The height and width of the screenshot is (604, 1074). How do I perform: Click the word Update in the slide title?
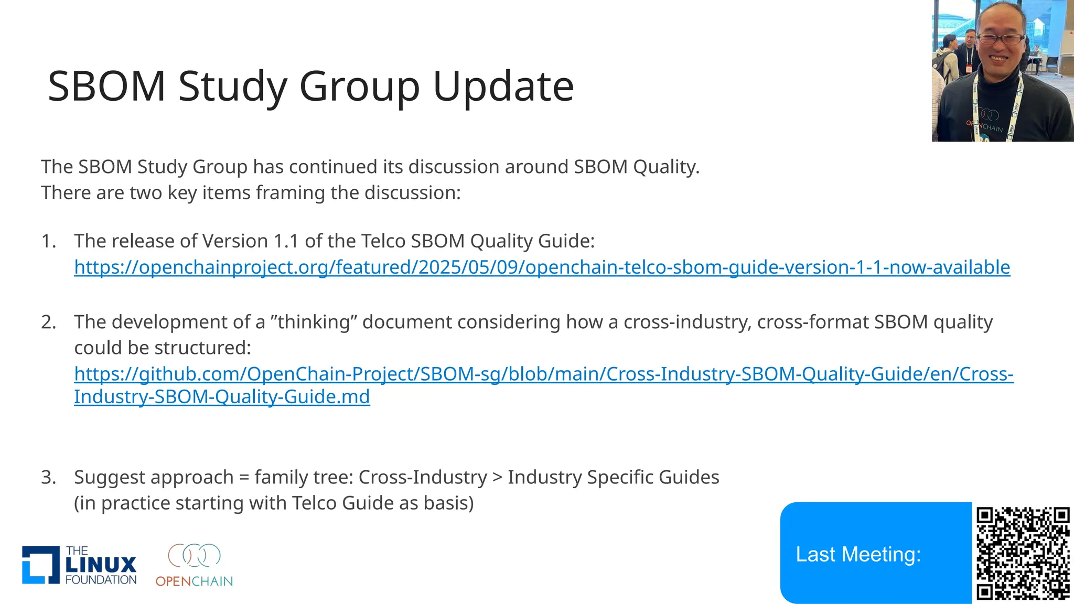click(x=503, y=87)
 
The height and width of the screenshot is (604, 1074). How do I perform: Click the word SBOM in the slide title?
click(x=107, y=87)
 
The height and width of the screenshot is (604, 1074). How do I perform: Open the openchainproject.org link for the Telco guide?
click(x=542, y=267)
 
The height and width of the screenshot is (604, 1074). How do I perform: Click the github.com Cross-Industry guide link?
click(x=543, y=374)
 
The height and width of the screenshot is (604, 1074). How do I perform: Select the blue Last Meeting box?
click(x=875, y=553)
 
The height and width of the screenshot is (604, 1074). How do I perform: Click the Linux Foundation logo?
click(x=79, y=565)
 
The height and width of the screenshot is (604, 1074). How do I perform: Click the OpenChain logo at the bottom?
click(x=194, y=565)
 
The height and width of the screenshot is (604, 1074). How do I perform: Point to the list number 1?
click(x=48, y=241)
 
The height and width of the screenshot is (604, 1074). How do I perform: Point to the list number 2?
click(x=48, y=322)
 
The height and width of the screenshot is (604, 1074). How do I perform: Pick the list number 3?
click(x=48, y=478)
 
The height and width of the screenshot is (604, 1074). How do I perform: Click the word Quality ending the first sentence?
click(x=665, y=167)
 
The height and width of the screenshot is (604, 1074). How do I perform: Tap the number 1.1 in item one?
click(x=286, y=241)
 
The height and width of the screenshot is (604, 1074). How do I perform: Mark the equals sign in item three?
click(x=244, y=478)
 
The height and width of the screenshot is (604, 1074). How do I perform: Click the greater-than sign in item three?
click(x=497, y=478)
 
